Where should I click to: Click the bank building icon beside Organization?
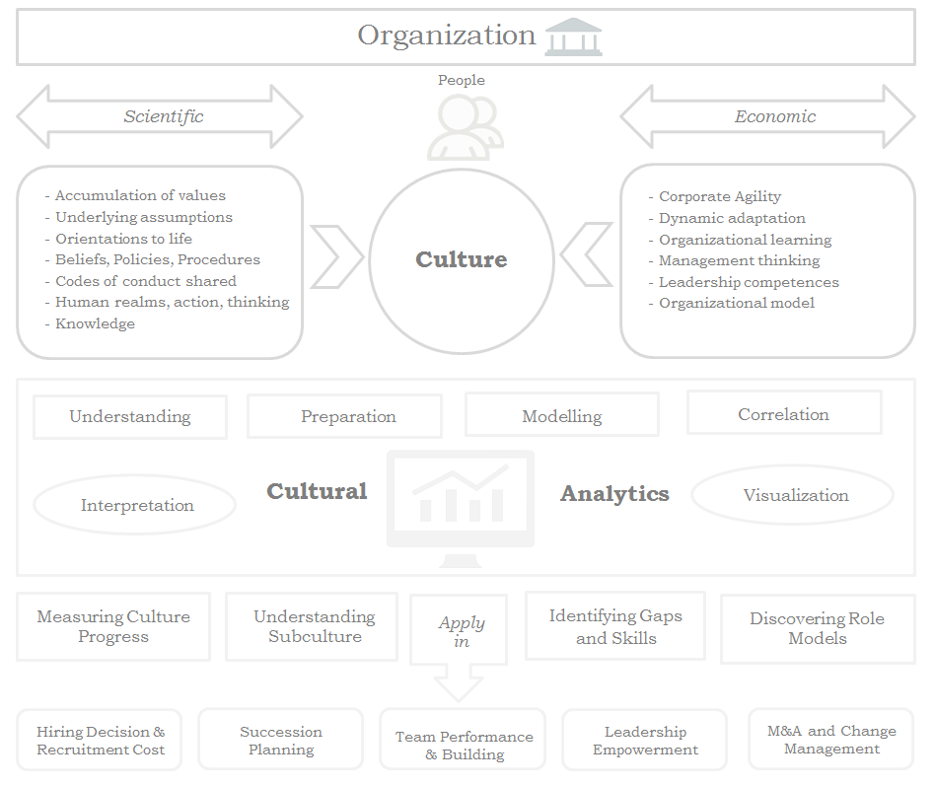point(573,36)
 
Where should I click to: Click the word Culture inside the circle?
point(462,259)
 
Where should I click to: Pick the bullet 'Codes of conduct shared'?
point(145,281)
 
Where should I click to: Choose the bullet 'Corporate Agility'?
point(719,196)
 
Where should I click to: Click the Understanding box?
point(130,416)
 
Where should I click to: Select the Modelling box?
point(561,416)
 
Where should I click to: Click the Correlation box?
point(783,414)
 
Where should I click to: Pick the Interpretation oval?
point(136,505)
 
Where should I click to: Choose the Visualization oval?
point(794,495)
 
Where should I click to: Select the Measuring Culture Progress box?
point(113,626)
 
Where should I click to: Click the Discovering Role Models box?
point(817,628)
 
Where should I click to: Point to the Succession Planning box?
point(281,740)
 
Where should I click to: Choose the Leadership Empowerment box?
point(645,740)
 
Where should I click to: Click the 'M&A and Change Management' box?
point(831,740)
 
